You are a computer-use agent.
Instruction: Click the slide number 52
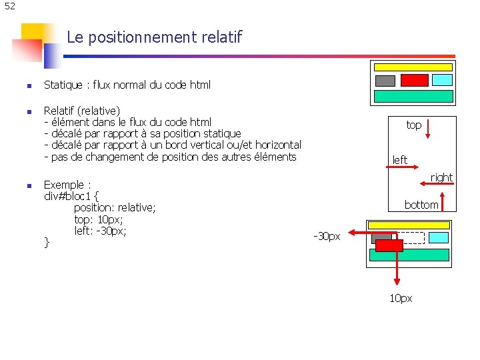9,7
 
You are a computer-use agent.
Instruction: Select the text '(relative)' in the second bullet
99,111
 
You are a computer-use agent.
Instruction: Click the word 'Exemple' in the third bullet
65,185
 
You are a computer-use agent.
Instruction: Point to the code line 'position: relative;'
115,208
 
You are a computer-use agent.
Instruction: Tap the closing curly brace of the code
47,243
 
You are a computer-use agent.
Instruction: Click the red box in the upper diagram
414,80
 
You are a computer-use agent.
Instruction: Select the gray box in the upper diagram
385,81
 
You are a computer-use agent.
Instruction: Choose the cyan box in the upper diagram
442,80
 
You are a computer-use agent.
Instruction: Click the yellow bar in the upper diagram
413,67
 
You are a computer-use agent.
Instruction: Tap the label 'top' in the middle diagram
414,125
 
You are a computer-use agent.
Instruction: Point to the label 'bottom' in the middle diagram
421,205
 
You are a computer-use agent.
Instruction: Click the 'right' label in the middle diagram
441,177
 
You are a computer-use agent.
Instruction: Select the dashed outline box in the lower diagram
411,237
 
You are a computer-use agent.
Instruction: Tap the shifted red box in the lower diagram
389,245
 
